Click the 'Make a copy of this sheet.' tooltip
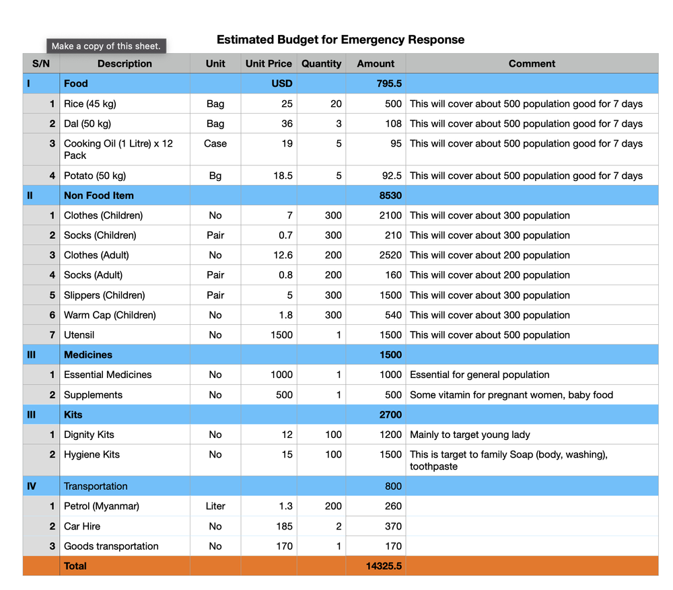106,46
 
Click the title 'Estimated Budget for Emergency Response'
340,40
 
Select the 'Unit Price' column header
269,64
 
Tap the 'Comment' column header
532,64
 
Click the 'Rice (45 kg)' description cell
90,104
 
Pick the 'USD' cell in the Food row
281,83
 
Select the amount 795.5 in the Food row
389,83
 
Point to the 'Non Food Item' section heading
98,196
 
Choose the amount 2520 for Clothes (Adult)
390,255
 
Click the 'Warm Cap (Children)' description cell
110,315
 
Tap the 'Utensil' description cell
79,335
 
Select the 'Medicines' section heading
88,355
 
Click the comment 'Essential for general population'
479,375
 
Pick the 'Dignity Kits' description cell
89,435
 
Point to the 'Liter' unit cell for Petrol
215,506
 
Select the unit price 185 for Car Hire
284,526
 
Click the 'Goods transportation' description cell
111,546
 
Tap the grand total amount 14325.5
384,566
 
